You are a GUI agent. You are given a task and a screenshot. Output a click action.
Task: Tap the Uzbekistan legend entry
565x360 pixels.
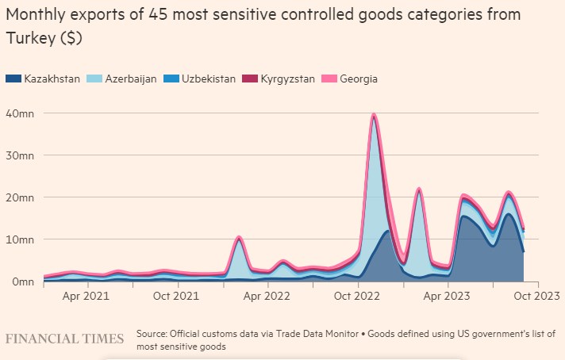click(x=206, y=79)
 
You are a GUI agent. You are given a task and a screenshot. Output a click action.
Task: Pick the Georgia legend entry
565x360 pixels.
click(x=356, y=79)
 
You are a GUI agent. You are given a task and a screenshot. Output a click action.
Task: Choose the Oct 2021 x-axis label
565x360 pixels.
click(x=175, y=296)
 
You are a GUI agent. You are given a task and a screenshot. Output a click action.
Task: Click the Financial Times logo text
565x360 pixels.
click(x=64, y=339)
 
